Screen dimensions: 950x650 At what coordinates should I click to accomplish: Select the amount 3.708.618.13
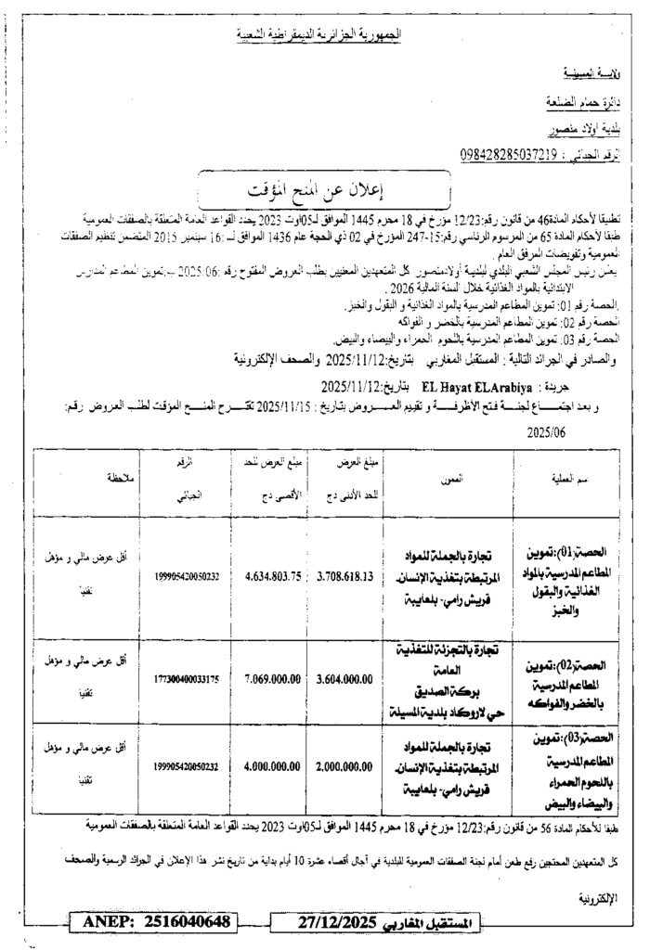[344, 575]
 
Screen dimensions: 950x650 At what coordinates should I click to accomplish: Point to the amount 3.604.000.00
[344, 678]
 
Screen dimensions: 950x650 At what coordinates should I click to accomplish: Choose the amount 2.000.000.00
[344, 766]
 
